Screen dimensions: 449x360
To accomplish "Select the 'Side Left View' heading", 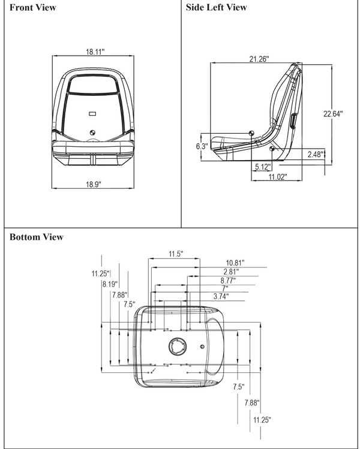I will [216, 8].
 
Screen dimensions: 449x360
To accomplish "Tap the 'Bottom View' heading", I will [36, 237].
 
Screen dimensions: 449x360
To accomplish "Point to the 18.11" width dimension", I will [94, 52].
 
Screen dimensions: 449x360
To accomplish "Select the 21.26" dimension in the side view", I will [259, 59].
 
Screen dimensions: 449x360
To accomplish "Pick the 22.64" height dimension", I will [332, 114].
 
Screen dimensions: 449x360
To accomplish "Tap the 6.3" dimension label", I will [202, 146].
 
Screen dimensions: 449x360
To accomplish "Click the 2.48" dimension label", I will [314, 155].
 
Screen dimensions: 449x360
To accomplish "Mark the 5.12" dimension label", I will [262, 167].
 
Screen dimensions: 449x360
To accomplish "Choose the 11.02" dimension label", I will [277, 176].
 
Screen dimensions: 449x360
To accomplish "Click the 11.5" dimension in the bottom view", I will [175, 254].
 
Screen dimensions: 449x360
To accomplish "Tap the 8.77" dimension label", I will [227, 279].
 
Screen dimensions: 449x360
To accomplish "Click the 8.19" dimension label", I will [110, 284].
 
